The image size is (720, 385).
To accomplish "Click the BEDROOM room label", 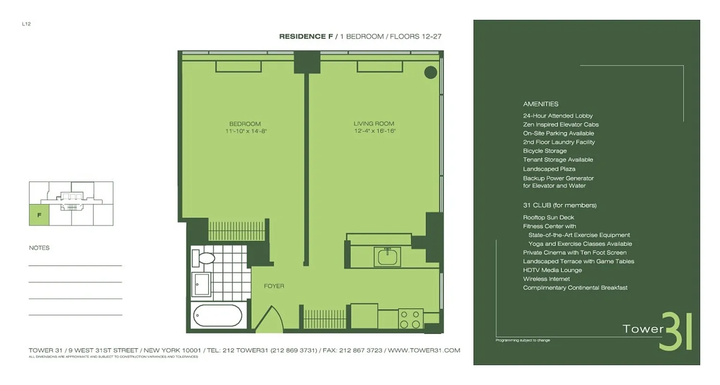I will (245, 124).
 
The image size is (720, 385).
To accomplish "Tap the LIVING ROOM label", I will (374, 124).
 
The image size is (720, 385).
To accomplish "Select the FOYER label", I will (274, 286).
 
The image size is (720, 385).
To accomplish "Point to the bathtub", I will (217, 316).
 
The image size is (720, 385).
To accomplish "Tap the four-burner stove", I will (410, 319).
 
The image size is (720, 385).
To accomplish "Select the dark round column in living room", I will (430, 73).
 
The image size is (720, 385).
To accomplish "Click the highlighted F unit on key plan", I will (39, 215).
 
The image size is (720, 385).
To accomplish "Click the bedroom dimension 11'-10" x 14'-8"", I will (245, 131).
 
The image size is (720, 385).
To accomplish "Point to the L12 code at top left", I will (26, 24).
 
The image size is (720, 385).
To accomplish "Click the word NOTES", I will (39, 248).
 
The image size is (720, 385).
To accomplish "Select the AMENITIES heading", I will (540, 104).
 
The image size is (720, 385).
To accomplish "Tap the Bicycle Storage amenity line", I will (545, 151).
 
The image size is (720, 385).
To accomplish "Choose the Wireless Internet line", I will (546, 279).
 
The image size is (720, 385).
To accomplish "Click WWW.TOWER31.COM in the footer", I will (424, 350).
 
